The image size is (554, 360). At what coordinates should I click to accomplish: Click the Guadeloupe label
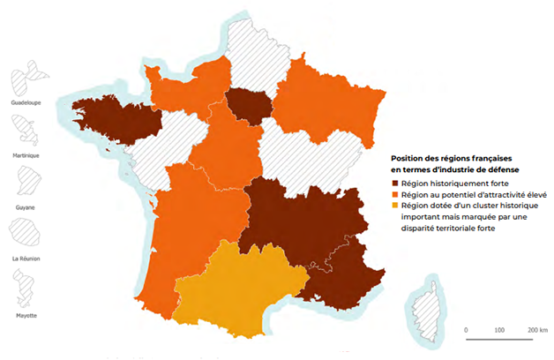pos(26,102)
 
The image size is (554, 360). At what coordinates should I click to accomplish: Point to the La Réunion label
pos(26,259)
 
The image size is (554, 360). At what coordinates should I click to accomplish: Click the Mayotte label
pos(26,315)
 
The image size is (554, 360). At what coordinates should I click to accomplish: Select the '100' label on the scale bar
pos(499,329)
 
